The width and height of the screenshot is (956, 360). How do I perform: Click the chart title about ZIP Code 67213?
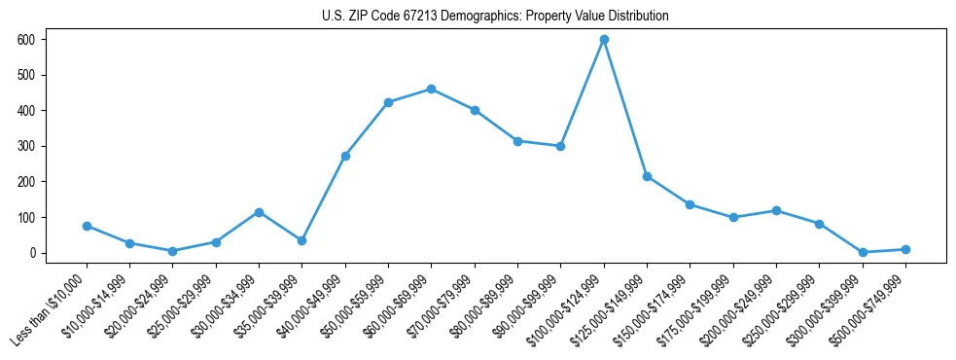click(x=495, y=17)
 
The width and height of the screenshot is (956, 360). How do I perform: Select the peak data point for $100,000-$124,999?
click(x=604, y=40)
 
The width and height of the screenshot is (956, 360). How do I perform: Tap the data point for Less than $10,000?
click(x=87, y=226)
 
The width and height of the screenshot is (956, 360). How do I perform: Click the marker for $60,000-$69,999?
click(x=431, y=90)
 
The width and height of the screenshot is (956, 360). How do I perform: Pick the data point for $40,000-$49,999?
click(x=345, y=156)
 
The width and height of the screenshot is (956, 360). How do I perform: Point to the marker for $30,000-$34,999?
click(x=259, y=212)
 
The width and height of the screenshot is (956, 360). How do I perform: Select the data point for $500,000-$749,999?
click(x=905, y=249)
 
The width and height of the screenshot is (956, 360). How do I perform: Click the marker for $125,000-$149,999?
click(x=647, y=176)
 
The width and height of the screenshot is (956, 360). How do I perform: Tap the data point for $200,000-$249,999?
click(x=776, y=210)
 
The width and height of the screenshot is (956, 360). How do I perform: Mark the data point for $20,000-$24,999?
click(x=172, y=251)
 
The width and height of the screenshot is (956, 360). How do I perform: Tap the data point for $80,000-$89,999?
click(x=517, y=141)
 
